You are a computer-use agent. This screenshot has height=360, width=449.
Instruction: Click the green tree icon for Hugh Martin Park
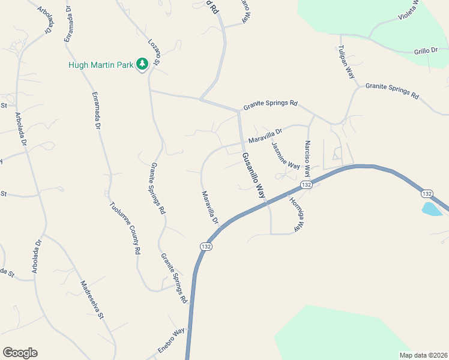click(x=142, y=64)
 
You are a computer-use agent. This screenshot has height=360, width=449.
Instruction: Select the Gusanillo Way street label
click(x=253, y=175)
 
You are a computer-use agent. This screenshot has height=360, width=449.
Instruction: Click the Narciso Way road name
click(x=307, y=157)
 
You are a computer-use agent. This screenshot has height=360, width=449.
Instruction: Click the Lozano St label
click(x=155, y=53)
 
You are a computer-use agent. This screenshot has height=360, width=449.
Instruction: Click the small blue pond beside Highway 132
click(x=432, y=209)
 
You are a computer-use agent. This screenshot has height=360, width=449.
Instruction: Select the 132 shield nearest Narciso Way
click(x=306, y=185)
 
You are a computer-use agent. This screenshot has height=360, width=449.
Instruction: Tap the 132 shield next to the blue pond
click(x=427, y=193)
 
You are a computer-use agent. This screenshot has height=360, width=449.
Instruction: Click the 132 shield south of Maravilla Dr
click(x=206, y=247)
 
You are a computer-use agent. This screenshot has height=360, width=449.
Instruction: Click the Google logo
click(x=20, y=353)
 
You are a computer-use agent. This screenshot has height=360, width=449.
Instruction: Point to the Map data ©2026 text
click(x=424, y=355)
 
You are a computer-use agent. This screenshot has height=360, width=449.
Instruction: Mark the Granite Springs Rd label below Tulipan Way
click(x=391, y=90)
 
